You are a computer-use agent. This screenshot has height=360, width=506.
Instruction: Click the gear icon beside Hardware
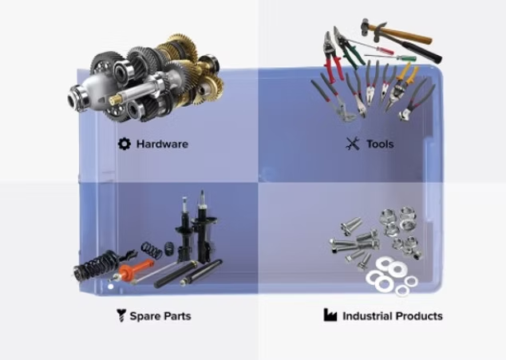click(125, 144)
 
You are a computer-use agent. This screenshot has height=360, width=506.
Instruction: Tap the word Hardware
click(162, 144)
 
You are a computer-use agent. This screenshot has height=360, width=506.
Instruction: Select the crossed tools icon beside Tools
click(353, 144)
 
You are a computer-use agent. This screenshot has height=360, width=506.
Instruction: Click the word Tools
click(380, 144)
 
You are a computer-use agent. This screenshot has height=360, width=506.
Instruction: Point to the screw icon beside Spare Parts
click(121, 315)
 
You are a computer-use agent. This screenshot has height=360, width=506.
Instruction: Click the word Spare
click(144, 316)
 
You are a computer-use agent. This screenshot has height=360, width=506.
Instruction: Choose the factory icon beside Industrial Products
click(330, 315)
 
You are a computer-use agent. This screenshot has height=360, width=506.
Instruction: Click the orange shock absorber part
click(135, 270)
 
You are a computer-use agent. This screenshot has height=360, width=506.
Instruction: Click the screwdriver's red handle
click(385, 50)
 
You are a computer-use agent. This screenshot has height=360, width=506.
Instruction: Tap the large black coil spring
click(94, 265)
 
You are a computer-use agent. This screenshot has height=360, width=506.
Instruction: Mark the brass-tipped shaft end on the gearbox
click(114, 100)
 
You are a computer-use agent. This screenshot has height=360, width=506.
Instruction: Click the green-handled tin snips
click(346, 48)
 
